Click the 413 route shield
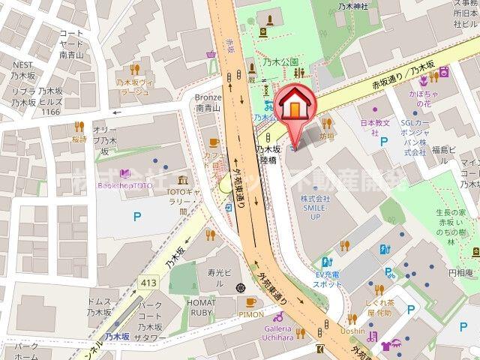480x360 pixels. pyautogui.click(x=147, y=282)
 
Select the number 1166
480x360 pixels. pyautogui.click(x=50, y=111)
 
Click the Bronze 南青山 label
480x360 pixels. pyautogui.click(x=208, y=102)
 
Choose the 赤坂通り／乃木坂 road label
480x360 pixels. pyautogui.click(x=403, y=77)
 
